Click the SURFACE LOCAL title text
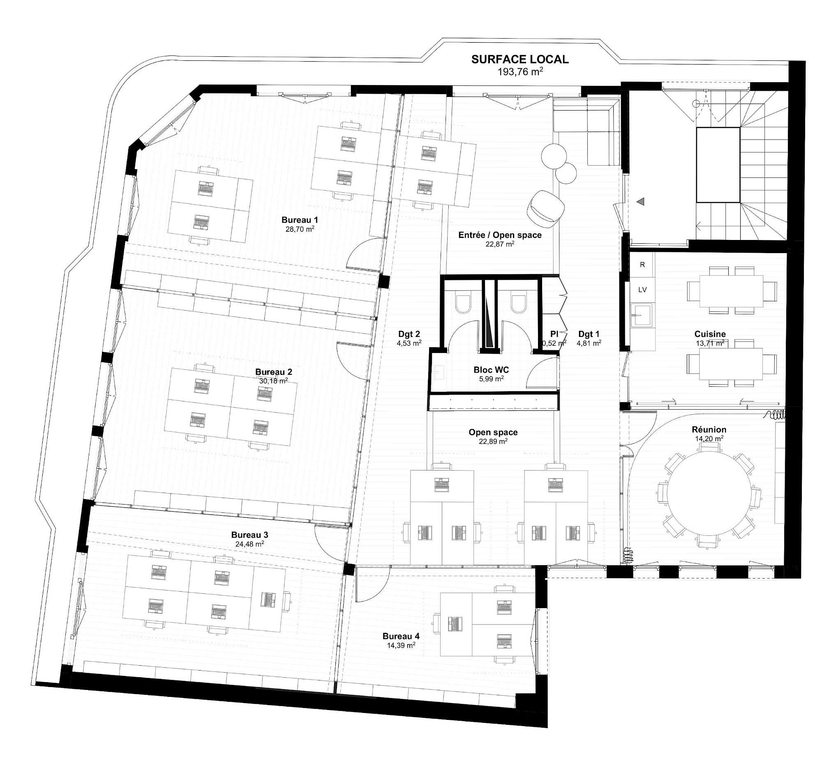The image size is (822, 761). coord(520,59)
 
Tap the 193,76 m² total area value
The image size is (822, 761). coord(520,71)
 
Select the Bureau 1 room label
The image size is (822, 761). coord(300,220)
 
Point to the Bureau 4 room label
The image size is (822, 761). coord(401,636)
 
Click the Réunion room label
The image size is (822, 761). coord(709,429)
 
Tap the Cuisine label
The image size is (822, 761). coord(710,334)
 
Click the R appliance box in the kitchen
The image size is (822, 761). coord(642,265)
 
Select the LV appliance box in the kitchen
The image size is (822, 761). coord(642,290)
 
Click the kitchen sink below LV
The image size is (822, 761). coord(642,315)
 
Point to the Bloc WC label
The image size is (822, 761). coord(491,370)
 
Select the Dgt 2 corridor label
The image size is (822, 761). coord(409,334)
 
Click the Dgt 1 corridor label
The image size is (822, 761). coord(589,334)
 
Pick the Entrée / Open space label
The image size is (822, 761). coord(500,235)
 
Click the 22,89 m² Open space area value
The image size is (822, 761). coord(493,441)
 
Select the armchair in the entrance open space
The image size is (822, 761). coord(546,210)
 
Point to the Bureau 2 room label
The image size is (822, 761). coord(273,372)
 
